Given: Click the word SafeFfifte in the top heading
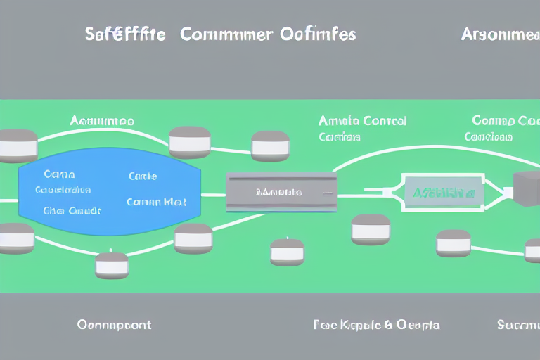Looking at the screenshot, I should tap(124, 34).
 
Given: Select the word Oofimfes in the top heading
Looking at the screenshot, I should tap(319, 34).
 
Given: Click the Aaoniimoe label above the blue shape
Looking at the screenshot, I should tap(102, 121).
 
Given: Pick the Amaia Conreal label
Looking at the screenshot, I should tap(362, 121).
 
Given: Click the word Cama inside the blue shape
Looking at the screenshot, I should tap(59, 174).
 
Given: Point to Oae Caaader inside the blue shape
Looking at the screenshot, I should tap(72, 210).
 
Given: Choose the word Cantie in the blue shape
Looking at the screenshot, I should tap(143, 176).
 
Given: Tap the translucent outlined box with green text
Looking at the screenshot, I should tap(441, 192).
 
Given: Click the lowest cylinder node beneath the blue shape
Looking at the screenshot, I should tap(112, 265).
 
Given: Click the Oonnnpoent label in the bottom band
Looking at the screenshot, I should tap(114, 325).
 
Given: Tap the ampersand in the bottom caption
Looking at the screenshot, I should tap(387, 325).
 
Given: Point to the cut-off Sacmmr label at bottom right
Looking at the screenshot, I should tap(518, 325).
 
